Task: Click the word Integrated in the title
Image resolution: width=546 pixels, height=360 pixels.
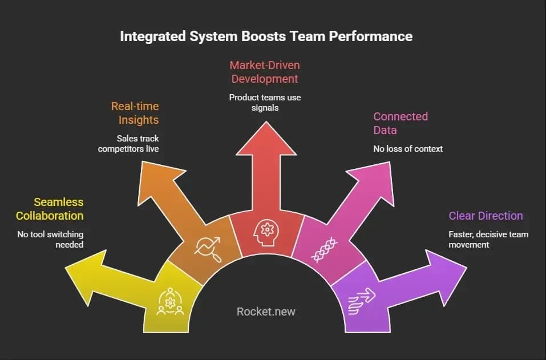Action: [x=153, y=37]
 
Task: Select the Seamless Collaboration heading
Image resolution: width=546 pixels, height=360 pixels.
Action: [x=50, y=209]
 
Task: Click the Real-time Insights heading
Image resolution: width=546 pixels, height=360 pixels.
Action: [x=135, y=113]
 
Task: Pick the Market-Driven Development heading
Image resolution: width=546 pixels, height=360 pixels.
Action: [x=265, y=72]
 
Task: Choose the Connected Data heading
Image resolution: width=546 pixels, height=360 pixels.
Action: [x=401, y=123]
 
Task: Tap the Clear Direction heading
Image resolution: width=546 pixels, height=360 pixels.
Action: [x=486, y=216]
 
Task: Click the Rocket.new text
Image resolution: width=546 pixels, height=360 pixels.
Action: [x=266, y=312]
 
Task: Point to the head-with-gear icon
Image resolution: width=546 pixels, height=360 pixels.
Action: [x=266, y=232]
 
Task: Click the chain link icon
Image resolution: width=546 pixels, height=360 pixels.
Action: [x=325, y=250]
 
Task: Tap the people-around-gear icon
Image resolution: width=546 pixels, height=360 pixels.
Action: [x=170, y=301]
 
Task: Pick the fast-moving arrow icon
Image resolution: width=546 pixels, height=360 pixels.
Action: [x=362, y=301]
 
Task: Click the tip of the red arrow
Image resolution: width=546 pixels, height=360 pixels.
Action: [x=266, y=122]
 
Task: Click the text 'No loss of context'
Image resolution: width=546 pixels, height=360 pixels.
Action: [x=408, y=149]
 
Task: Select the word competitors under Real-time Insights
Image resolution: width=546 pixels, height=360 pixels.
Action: [x=118, y=149]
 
